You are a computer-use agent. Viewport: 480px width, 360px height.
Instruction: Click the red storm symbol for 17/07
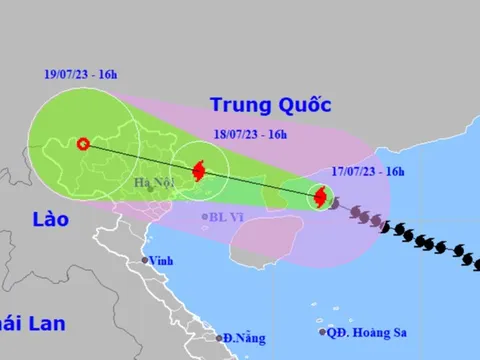[320, 198]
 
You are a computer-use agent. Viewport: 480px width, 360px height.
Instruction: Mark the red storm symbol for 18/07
[198, 171]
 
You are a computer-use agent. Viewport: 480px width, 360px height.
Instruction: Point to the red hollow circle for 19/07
[83, 143]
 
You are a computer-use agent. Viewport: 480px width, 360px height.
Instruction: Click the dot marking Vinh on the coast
[144, 261]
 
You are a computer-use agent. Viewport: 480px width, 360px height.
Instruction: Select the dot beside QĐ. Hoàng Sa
[323, 332]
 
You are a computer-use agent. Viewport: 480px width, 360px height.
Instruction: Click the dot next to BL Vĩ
[205, 216]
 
